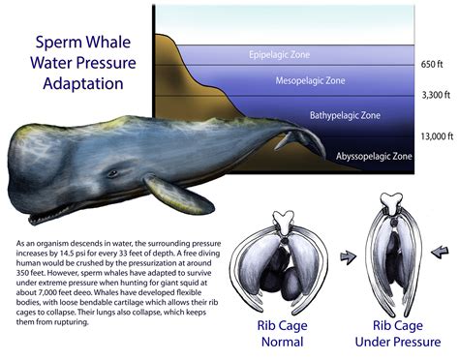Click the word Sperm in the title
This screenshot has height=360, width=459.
coord(57,43)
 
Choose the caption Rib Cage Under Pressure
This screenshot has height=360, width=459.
coord(397,332)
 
